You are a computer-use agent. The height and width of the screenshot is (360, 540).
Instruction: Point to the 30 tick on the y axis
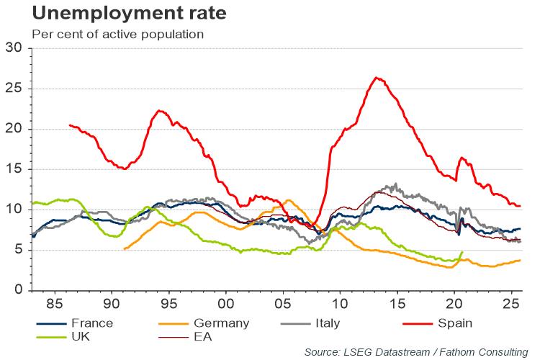[x=14, y=48]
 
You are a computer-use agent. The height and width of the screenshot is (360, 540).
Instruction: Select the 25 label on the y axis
[x=14, y=89]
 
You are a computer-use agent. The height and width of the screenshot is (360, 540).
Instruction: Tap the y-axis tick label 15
[x=14, y=169]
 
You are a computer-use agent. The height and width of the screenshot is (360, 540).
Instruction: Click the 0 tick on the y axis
[x=17, y=290]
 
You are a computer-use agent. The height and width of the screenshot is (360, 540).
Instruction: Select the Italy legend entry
[x=325, y=323]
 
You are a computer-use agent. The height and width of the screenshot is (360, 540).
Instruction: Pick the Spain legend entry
[x=455, y=323]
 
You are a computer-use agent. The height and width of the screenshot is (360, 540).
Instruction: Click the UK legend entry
[x=81, y=336]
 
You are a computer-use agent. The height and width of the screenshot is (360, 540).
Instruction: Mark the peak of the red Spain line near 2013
[x=377, y=78]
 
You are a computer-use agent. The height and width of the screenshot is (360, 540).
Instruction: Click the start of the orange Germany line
[x=125, y=249]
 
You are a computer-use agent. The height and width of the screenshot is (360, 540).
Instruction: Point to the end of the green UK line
[x=462, y=252]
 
